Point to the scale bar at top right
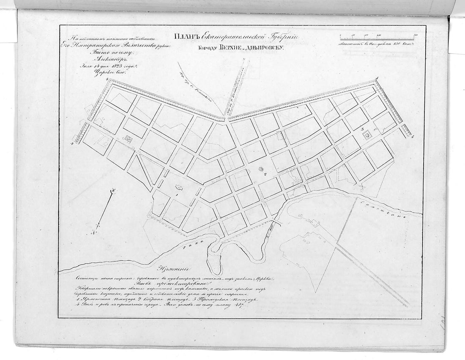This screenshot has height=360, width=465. coord(377,38)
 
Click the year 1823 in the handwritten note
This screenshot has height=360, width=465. coord(105,66)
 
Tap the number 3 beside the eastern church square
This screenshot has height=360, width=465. coord(362,128)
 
